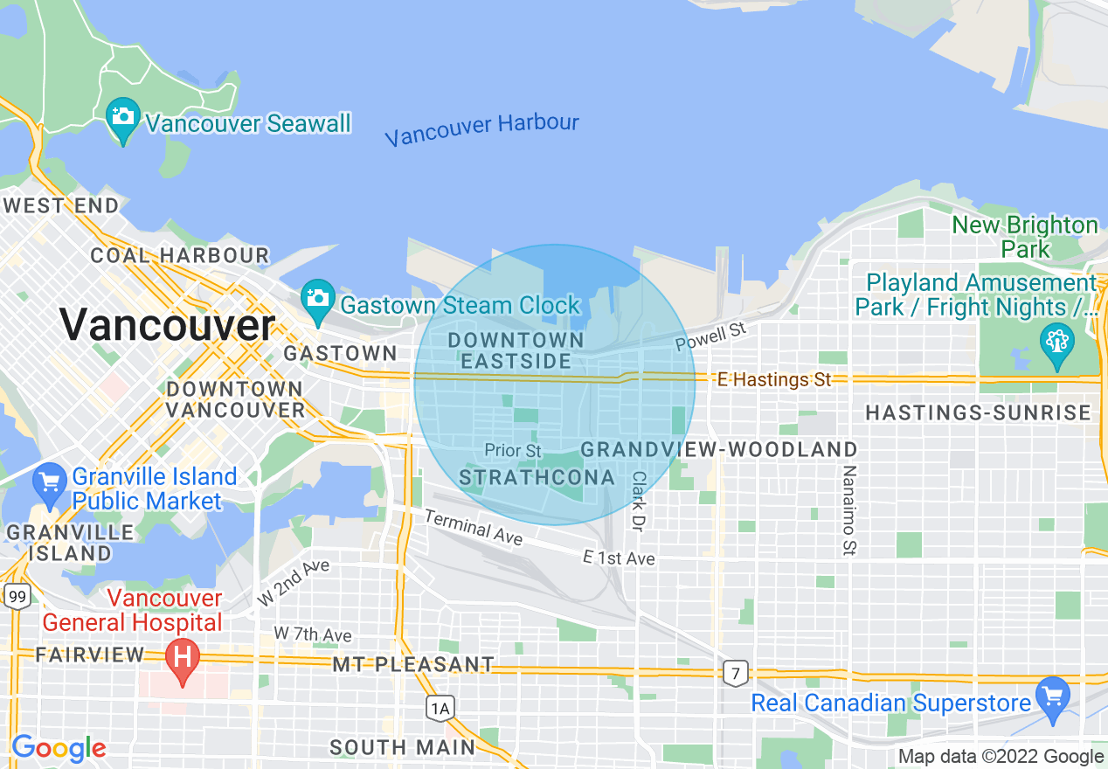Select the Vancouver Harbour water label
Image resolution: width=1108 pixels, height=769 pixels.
(x=481, y=129)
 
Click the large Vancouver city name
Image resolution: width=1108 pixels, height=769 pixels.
(x=167, y=326)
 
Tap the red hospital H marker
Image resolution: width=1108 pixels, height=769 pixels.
(x=183, y=657)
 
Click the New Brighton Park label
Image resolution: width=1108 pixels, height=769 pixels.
(x=1025, y=237)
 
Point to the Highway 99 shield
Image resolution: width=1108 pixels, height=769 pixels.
(x=17, y=597)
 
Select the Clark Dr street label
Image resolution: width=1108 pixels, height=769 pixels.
(x=639, y=502)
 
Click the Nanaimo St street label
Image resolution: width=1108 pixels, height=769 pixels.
(x=848, y=511)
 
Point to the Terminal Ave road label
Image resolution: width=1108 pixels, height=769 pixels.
(x=473, y=528)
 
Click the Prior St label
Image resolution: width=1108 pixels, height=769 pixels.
(x=513, y=451)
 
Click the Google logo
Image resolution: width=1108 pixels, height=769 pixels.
(x=58, y=748)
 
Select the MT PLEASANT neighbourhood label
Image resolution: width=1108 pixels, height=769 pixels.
(x=413, y=665)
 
